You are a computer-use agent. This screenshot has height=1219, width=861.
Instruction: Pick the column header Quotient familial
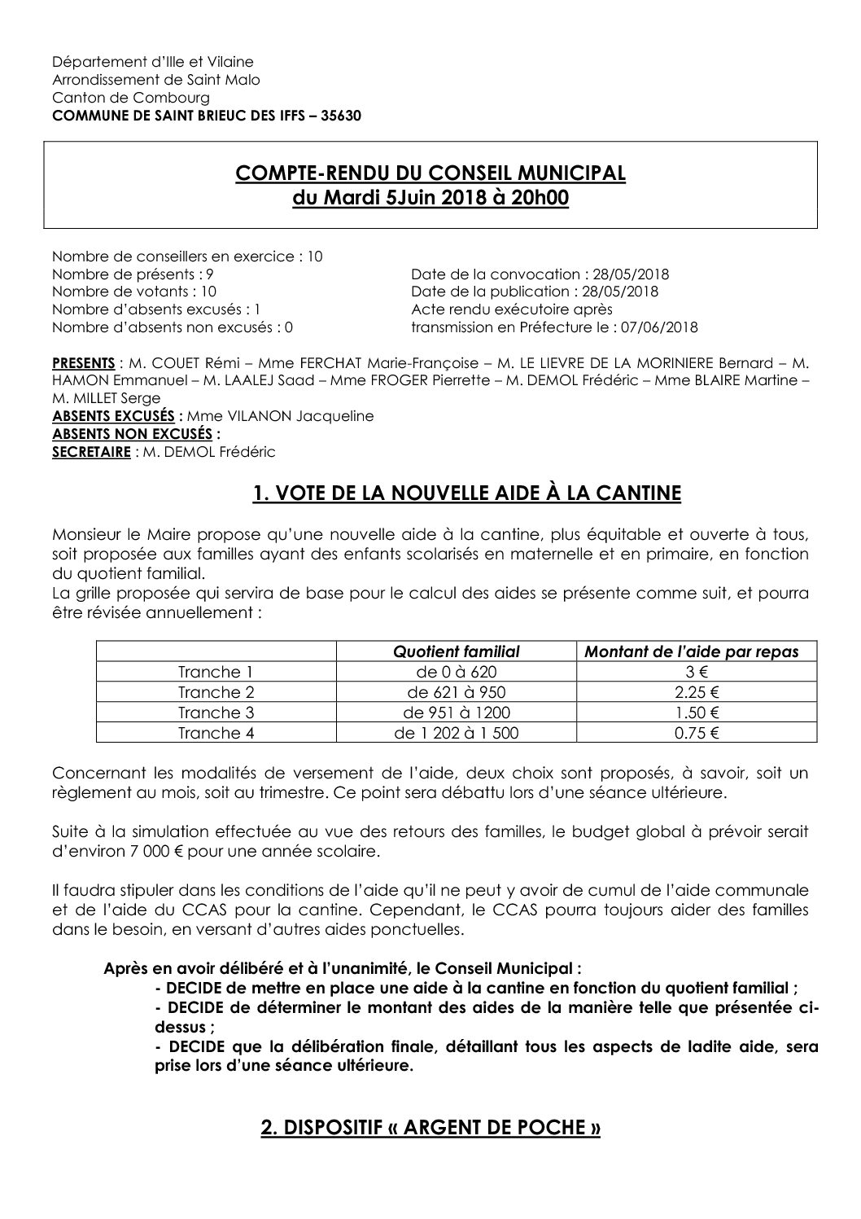point(456,651)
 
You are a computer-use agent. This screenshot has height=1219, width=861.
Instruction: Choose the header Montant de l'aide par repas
point(696,651)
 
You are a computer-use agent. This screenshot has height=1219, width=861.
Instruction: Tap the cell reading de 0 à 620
point(456,672)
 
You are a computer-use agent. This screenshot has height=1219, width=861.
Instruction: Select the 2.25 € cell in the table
point(696,692)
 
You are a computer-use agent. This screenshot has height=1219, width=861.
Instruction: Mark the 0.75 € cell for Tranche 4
point(696,733)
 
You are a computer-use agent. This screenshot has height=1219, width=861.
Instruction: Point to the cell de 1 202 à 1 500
point(456,733)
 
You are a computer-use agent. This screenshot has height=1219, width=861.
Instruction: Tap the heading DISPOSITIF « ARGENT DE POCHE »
point(430,1128)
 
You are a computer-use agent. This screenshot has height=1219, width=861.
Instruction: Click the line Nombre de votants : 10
point(134,292)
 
